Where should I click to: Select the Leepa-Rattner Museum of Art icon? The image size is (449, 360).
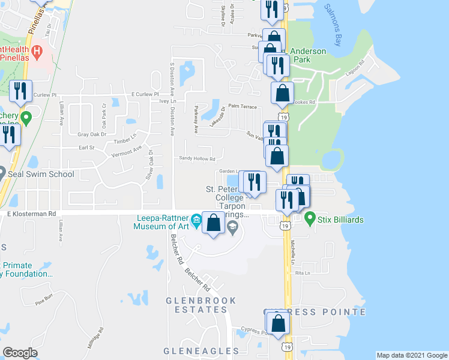(x=196, y=224)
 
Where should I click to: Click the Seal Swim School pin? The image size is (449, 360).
(x=2, y=174)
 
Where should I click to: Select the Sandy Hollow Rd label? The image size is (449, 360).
(x=197, y=158)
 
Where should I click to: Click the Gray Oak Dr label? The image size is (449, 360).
(x=92, y=134)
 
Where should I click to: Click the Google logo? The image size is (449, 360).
(x=20, y=352)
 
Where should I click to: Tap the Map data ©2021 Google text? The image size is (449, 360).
(x=411, y=355)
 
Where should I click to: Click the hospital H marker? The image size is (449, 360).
(x=37, y=51)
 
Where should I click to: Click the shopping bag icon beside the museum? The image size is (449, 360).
(x=214, y=223)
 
